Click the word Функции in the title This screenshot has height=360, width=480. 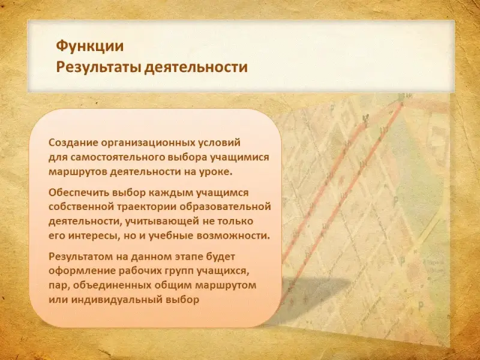point(89,46)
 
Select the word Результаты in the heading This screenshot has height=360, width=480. point(98,67)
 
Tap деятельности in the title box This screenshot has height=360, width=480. point(196,67)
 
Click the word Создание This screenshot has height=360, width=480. point(73,143)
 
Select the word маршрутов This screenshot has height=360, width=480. point(77,172)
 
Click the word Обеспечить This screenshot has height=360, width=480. point(79,193)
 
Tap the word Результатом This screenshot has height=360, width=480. point(80,257)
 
